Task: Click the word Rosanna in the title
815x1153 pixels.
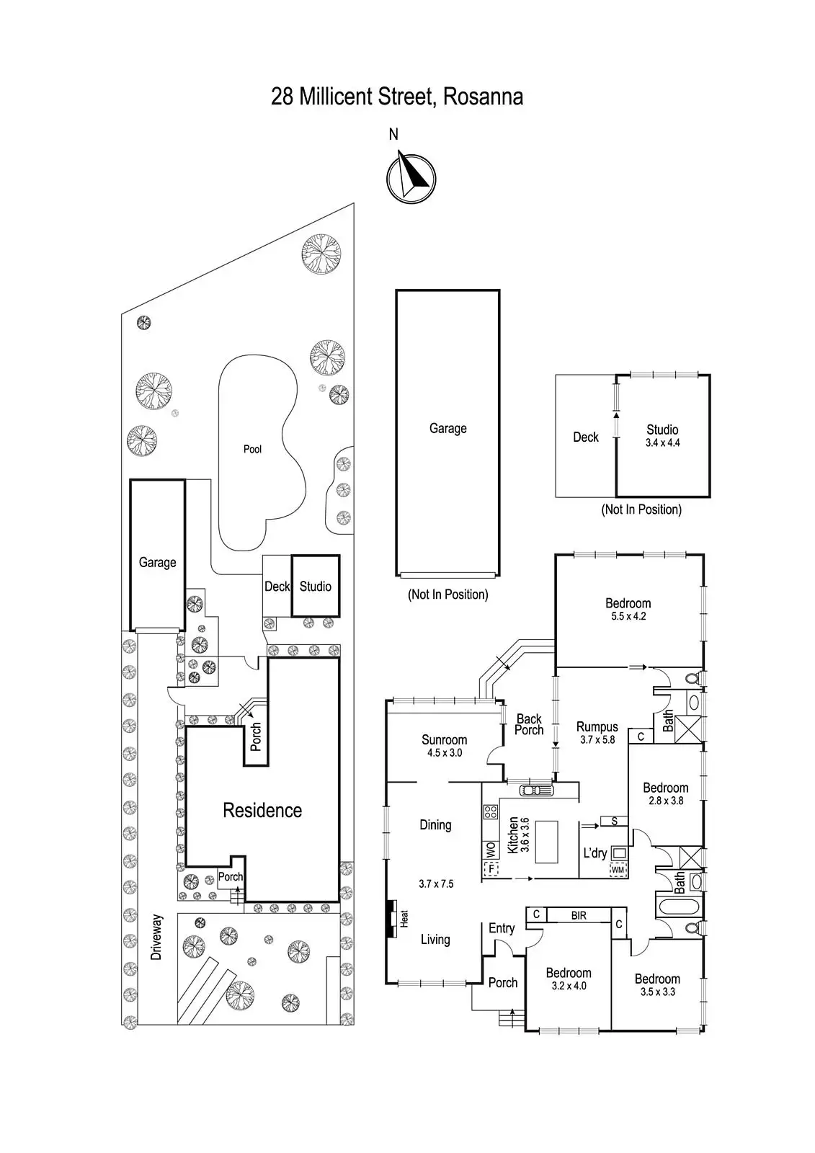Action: point(483,97)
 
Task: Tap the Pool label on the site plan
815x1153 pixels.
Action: point(252,449)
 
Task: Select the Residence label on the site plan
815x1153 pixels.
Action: point(262,811)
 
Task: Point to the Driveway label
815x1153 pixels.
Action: point(156,937)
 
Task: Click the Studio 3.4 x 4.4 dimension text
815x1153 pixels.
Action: point(662,443)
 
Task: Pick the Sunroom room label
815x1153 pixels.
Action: point(444,739)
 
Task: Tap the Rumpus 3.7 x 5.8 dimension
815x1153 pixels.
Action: point(597,739)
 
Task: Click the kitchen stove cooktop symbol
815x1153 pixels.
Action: point(491,812)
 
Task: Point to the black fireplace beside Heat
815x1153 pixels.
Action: point(391,919)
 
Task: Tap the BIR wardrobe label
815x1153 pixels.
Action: point(579,915)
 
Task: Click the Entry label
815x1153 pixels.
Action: point(502,928)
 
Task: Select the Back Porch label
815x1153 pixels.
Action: point(529,724)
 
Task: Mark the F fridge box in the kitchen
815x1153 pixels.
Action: point(493,868)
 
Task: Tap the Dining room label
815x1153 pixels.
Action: point(435,825)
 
